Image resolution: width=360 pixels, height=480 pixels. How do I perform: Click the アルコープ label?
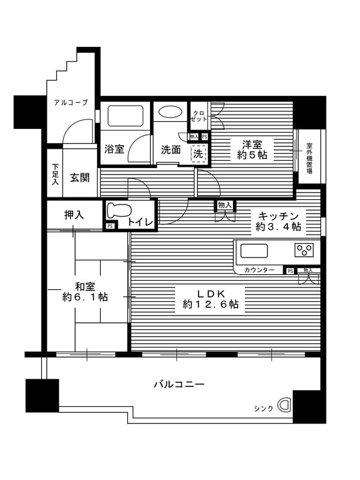pos(70,103)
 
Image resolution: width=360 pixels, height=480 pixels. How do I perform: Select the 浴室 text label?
pos(114,149)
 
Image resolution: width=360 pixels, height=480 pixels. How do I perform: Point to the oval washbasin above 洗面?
pos(170,112)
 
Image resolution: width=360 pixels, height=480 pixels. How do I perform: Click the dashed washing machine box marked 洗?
pos(199,154)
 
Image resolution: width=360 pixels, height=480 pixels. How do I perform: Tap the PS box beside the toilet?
pos(110,226)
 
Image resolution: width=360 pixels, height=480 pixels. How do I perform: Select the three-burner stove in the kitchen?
pos(303,250)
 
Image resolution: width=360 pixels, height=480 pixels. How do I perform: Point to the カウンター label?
pos(259,271)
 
